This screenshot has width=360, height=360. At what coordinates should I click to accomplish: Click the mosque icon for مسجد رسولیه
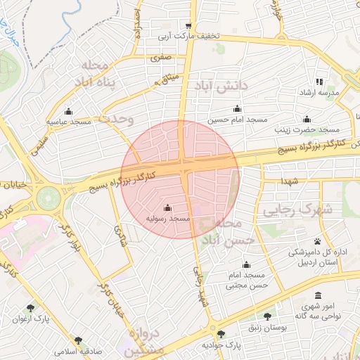pos(167,208)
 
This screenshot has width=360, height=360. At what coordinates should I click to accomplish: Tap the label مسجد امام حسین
pos(238,120)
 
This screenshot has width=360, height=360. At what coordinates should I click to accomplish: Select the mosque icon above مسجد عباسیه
pos(68,111)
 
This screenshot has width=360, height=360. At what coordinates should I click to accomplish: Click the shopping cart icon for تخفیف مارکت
pos(188,24)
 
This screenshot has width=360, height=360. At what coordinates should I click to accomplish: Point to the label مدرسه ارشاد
pos(320,93)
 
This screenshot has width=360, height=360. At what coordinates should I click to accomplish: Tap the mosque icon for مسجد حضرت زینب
pos(306,119)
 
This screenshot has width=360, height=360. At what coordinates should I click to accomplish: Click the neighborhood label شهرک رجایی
pos(289,210)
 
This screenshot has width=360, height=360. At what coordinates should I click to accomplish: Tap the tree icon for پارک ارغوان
pos(30,308)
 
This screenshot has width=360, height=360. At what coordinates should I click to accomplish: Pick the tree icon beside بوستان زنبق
pos(267,316)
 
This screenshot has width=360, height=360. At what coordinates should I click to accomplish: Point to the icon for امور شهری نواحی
pos(319,295)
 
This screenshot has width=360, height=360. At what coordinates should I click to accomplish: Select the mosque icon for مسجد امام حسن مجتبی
pos(246,264)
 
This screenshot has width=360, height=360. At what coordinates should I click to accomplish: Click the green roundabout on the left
pos(49,197)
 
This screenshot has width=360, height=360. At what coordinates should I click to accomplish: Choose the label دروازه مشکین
pos(145,342)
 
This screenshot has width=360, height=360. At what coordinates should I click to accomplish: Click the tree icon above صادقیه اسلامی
pos(78,340)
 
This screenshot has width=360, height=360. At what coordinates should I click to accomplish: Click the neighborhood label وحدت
pos(115,119)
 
